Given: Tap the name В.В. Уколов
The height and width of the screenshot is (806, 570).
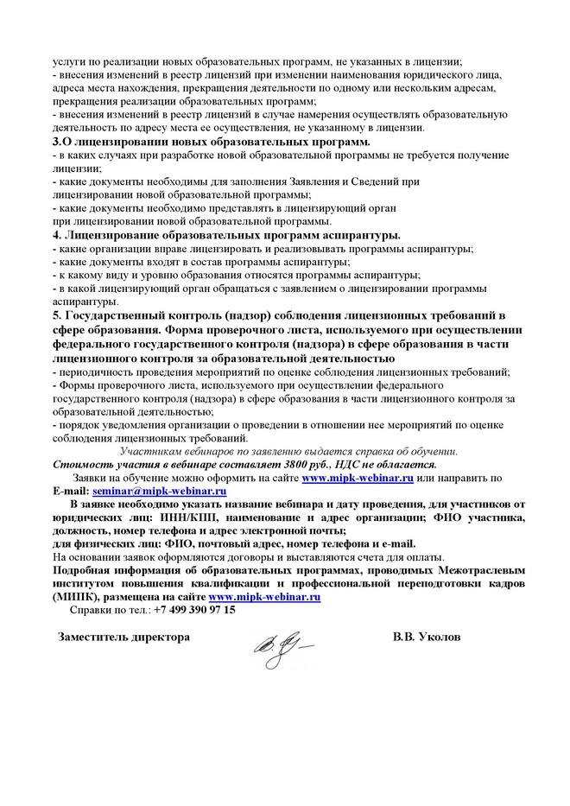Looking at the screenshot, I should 426,637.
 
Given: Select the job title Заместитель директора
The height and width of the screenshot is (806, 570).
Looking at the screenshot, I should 123,637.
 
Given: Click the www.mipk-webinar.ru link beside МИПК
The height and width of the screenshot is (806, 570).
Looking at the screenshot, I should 265,596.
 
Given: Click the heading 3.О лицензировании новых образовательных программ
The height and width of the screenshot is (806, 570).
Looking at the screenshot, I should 212,141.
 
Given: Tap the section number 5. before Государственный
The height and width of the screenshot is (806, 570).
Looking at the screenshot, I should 57,317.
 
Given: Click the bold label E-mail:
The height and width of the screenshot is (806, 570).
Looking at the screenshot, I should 71,490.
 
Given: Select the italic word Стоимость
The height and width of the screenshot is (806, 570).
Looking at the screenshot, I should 84,465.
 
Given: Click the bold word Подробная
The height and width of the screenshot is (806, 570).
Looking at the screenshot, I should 86,570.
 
